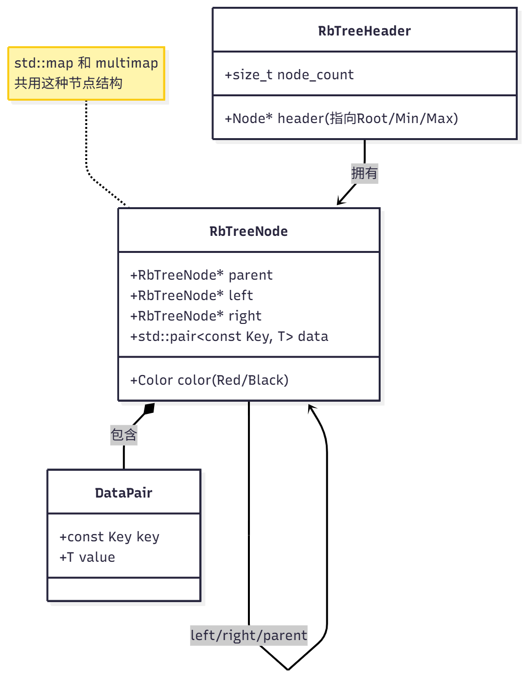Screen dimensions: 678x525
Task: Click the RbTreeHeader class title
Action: [x=364, y=31]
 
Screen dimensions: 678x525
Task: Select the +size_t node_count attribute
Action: [x=289, y=75]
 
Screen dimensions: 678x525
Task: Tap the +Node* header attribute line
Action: [x=341, y=119]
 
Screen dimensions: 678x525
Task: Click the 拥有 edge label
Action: [x=364, y=173]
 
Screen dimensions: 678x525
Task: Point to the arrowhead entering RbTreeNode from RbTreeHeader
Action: [x=340, y=202]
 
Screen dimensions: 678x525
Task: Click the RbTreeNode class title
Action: [x=248, y=232]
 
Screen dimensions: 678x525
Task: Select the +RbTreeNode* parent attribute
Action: [x=201, y=275]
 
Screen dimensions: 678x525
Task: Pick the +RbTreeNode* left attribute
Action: [x=192, y=296]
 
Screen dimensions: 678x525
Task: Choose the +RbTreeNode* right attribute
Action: [x=195, y=316]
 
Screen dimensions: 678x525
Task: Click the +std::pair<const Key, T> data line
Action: [x=229, y=337]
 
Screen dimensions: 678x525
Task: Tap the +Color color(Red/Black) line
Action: [x=209, y=380]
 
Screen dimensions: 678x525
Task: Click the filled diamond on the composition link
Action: [x=149, y=409]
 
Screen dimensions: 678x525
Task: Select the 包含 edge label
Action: [x=124, y=435]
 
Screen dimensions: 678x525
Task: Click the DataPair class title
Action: [x=123, y=493]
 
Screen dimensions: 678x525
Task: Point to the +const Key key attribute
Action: [x=109, y=537]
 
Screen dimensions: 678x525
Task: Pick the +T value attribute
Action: [x=87, y=557]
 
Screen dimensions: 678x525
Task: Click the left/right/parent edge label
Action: [x=248, y=636]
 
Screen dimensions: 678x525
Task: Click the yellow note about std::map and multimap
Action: [x=87, y=73]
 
